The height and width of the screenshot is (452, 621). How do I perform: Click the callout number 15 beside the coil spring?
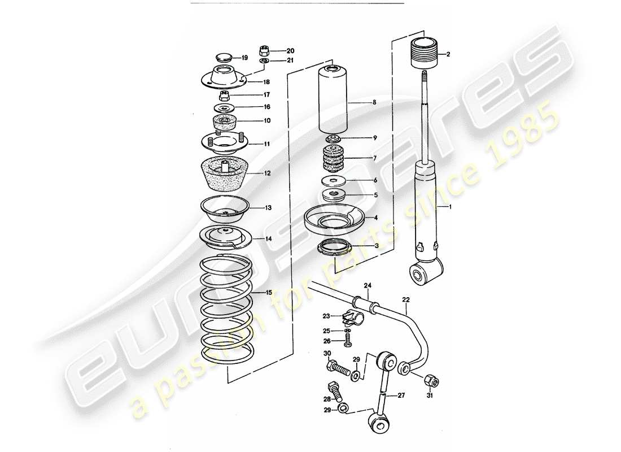[x=268, y=292]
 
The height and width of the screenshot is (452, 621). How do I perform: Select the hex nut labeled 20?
[x=264, y=50]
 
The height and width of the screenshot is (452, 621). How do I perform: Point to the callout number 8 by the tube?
[x=373, y=103]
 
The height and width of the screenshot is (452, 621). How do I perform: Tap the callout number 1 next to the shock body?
[x=450, y=208]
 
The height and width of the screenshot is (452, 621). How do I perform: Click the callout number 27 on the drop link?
[x=401, y=395]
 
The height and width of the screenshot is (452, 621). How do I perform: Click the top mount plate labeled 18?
[x=225, y=79]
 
